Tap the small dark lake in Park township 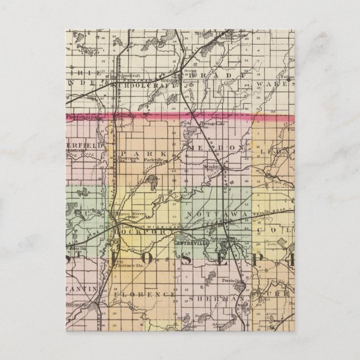coord(151,180)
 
